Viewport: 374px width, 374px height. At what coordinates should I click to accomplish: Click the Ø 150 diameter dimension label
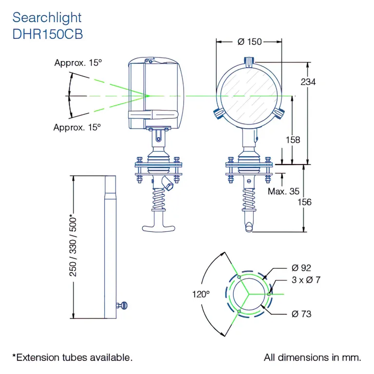(x=249, y=42)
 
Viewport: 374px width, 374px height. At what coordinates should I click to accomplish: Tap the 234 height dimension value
(x=308, y=82)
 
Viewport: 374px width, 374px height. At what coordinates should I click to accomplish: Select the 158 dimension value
(x=292, y=140)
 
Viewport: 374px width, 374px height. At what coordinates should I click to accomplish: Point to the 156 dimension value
(x=304, y=202)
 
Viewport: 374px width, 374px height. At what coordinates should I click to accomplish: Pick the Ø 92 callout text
(x=301, y=267)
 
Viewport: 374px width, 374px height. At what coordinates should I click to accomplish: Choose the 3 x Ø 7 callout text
(x=306, y=280)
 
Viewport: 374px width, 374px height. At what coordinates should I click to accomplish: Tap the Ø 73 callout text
(x=301, y=314)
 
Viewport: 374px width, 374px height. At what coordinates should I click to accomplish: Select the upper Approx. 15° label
(x=78, y=63)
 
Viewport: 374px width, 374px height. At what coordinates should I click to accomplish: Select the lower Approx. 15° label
(x=77, y=128)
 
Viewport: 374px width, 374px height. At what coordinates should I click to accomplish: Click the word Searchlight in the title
(x=47, y=18)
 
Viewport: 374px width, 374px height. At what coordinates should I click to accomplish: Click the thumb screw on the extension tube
(x=123, y=305)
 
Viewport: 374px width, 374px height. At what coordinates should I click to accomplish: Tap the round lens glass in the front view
(x=249, y=95)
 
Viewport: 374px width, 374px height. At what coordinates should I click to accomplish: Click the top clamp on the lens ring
(x=249, y=61)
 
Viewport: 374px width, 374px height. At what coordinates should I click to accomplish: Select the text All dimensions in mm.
(x=313, y=357)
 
